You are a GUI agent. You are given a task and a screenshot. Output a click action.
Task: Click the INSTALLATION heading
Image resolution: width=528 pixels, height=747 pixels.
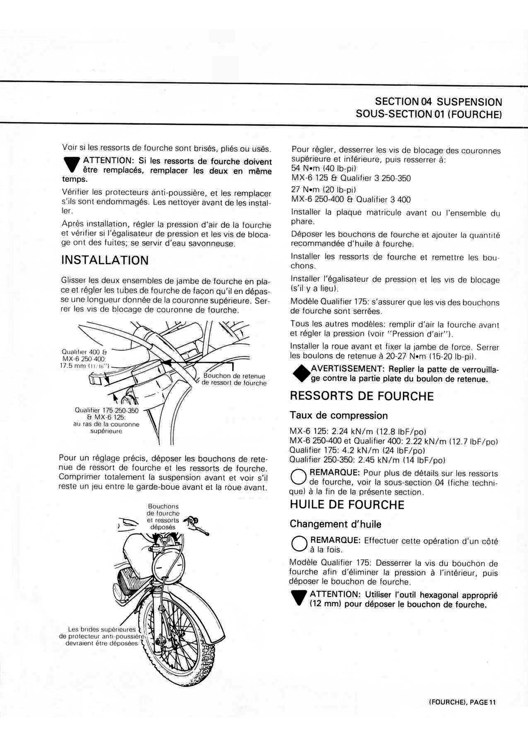coord(105,260)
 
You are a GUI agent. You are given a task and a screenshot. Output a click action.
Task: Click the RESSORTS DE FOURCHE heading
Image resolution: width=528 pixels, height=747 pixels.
coord(362,396)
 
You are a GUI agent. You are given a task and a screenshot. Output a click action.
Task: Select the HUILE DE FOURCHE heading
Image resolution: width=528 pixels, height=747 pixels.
coord(347,505)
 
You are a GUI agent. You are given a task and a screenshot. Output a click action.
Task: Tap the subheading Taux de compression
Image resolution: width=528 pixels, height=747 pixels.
coord(339,416)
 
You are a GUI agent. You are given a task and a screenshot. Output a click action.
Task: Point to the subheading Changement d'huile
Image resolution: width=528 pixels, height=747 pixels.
coord(336,524)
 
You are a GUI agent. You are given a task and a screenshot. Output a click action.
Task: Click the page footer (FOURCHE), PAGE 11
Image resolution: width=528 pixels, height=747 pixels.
coord(462,702)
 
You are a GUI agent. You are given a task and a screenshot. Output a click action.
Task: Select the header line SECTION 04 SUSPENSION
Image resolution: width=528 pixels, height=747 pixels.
coord(438,102)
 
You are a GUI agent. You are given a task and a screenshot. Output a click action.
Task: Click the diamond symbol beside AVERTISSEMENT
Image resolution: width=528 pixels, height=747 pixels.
coord(301,373)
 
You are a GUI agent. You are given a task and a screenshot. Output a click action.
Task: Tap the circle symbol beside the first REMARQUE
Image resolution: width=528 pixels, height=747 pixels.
coord(298,477)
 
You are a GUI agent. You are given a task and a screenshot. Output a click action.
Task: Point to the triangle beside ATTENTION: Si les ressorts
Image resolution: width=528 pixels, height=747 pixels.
coord(72,164)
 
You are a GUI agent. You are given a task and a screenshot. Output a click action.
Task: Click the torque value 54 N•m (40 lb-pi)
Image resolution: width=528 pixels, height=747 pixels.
coord(323,169)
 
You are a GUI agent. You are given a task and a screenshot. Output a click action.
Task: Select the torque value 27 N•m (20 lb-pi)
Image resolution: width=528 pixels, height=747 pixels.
coord(323,190)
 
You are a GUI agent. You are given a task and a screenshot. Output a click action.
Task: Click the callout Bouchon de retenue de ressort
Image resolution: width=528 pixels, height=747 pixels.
coord(234,379)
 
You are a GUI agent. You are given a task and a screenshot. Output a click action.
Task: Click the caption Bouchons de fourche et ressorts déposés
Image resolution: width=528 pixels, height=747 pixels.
coord(163,516)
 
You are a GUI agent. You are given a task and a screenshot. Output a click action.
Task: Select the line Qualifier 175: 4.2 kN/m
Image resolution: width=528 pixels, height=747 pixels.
coord(357,450)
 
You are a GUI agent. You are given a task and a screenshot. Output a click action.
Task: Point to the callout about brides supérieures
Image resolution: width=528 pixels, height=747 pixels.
coord(102,636)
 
